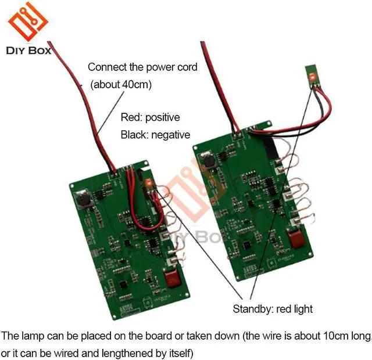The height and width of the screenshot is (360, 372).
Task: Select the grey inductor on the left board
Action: coord(83,200)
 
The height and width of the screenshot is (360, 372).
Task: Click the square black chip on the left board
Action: coord(123,285)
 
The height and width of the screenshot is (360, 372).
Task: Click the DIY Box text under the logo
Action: coord(27,51)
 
